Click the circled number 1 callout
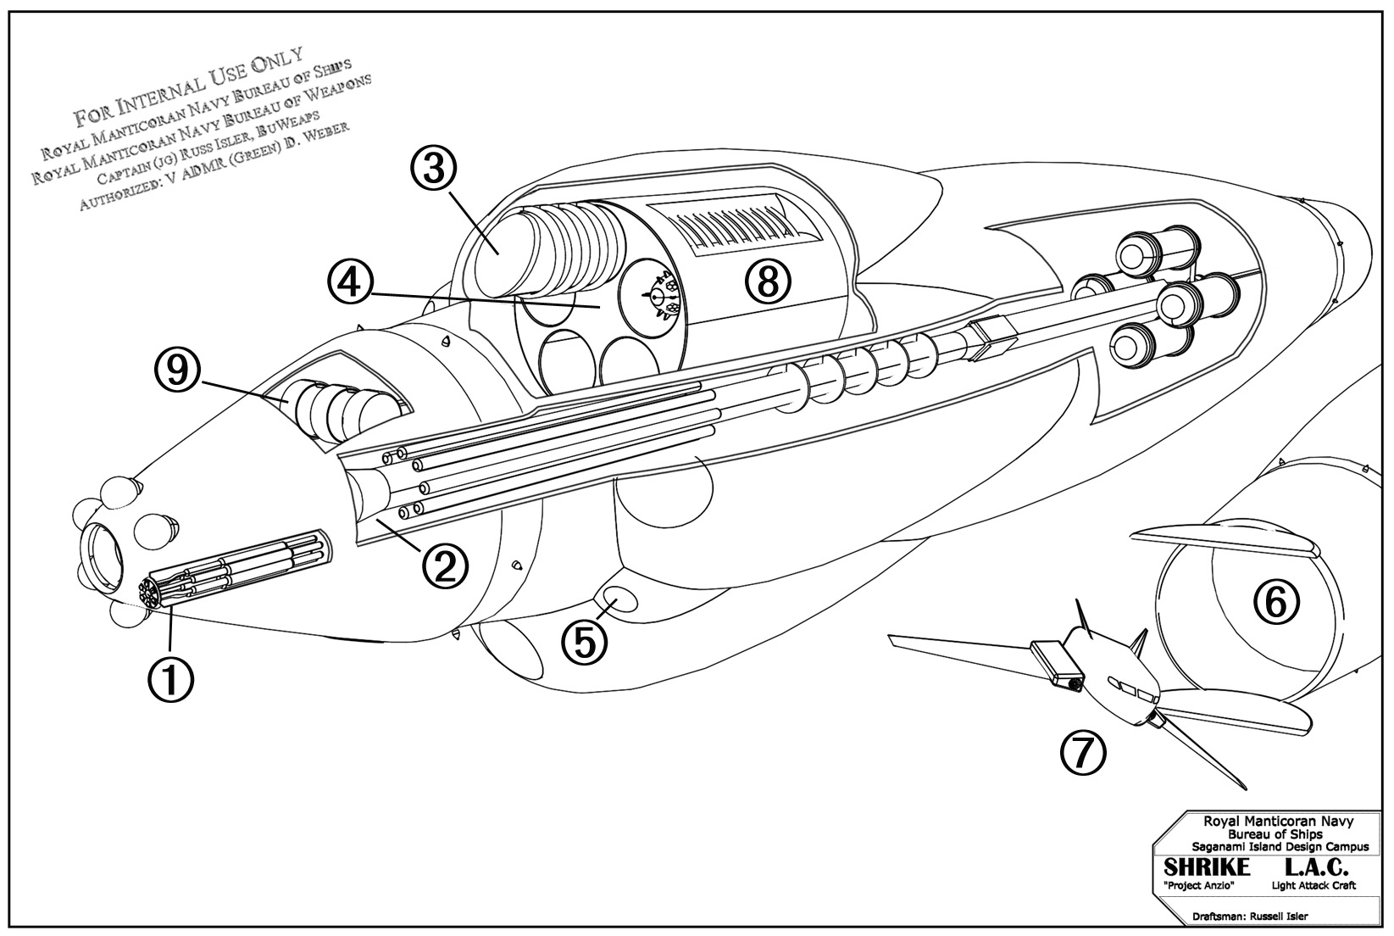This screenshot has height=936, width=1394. coord(169,679)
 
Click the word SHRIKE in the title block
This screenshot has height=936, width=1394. coord(1207,867)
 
